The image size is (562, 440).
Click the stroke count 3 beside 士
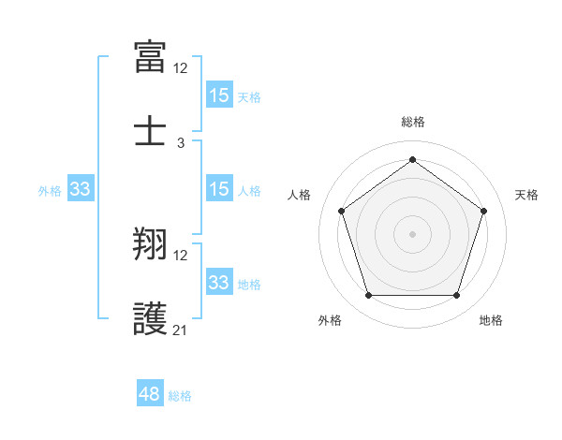click(181, 142)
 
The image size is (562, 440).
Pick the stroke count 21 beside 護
click(181, 330)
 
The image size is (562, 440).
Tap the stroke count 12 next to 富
click(181, 68)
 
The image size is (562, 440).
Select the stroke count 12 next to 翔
click(181, 256)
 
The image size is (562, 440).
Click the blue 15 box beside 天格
click(219, 95)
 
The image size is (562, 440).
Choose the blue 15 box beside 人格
click(219, 189)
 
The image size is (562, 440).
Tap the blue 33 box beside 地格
click(219, 283)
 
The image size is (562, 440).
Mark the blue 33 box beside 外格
click(81, 189)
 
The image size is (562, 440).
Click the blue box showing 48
click(150, 394)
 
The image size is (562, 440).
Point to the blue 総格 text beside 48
click(180, 396)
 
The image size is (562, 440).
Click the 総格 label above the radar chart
click(412, 122)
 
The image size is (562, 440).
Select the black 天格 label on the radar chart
click(526, 195)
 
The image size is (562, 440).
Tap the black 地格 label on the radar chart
click(491, 320)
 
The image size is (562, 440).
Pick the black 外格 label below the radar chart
click(330, 320)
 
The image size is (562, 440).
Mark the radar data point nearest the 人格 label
click(341, 211)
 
